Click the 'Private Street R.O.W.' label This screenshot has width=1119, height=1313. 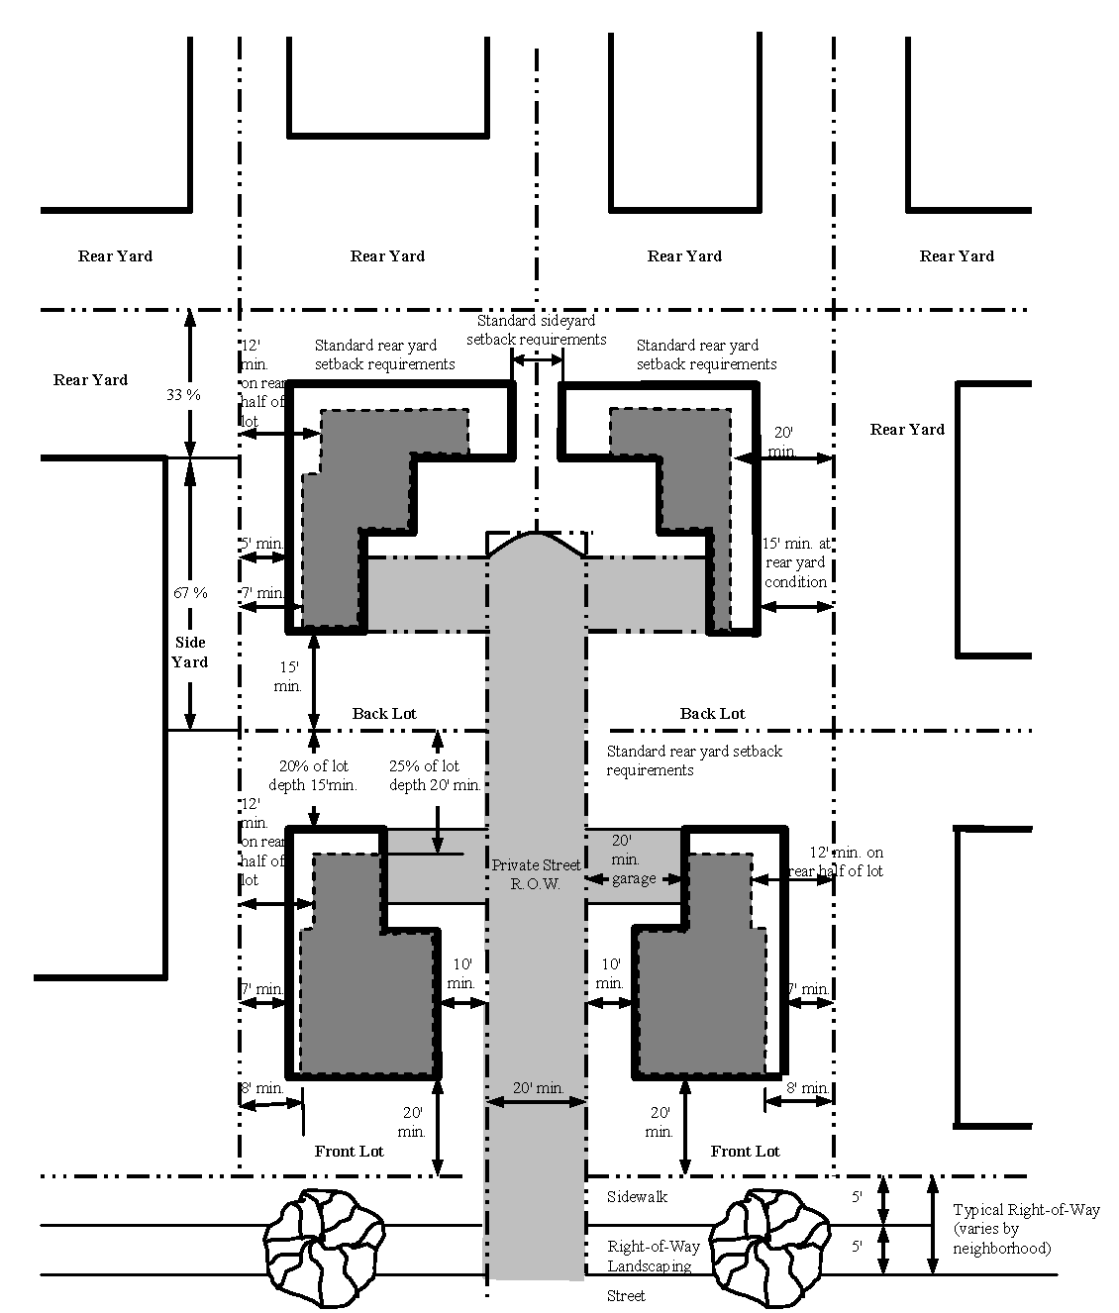536,874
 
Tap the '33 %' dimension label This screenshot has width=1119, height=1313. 183,394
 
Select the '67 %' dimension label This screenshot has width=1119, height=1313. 191,593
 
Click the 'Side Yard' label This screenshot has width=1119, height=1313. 190,652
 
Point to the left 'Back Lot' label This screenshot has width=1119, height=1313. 384,713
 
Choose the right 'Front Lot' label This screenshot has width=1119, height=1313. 745,1151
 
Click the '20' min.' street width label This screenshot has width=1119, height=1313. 539,1087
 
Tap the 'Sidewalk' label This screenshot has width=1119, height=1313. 638,1197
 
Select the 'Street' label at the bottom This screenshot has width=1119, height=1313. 626,1296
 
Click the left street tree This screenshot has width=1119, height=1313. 324,1249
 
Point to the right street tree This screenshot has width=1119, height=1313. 769,1249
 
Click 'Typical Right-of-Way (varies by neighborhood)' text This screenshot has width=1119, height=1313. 1026,1229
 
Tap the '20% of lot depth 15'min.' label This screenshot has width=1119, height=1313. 313,775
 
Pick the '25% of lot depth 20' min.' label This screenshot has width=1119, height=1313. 435,775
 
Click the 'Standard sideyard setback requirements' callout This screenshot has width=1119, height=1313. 537,330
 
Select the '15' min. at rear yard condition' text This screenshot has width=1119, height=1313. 796,562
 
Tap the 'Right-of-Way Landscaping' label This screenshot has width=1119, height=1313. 654,1256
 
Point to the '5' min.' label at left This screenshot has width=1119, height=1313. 261,543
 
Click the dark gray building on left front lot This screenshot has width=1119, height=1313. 368,968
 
